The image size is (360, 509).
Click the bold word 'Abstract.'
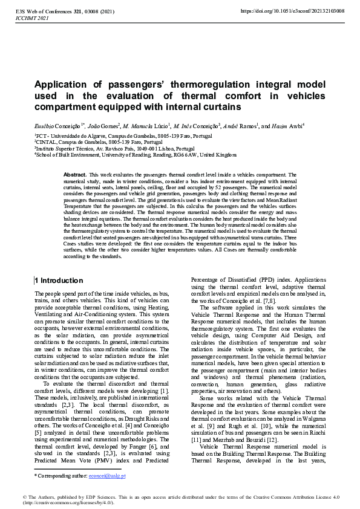point(75,174)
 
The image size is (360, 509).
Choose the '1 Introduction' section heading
point(59,280)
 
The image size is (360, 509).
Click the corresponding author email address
point(111,476)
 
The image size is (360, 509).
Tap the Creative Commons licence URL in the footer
point(67,503)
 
